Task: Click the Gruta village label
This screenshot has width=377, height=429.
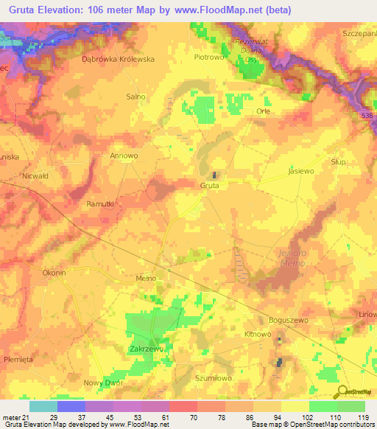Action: point(210,186)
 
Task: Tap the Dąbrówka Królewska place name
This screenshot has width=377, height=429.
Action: point(118,59)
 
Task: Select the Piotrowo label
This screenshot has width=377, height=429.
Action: point(208,56)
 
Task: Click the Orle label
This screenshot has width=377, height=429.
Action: point(263,111)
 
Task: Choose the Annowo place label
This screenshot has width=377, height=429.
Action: point(124,156)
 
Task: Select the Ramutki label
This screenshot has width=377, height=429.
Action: point(99,203)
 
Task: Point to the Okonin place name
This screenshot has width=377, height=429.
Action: point(54,273)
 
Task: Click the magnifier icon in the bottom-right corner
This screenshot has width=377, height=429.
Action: point(342,391)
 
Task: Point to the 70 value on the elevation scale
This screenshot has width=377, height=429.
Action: point(183,416)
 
